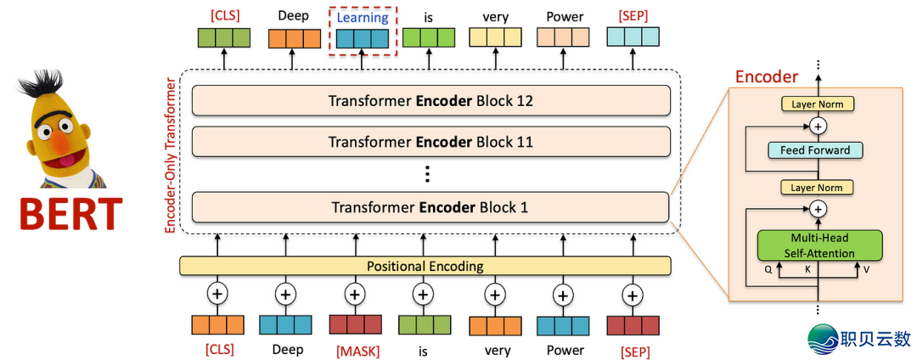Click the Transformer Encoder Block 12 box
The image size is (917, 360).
click(x=430, y=101)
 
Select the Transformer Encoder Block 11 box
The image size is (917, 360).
click(x=430, y=142)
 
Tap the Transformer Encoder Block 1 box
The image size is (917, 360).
click(x=430, y=207)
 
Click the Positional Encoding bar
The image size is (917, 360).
click(x=425, y=266)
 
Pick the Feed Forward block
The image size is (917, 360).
click(x=815, y=150)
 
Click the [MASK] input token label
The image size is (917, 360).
click(x=355, y=350)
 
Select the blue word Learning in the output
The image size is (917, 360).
click(x=363, y=17)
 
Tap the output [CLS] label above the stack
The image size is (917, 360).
click(x=224, y=15)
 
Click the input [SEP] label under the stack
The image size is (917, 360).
click(x=633, y=350)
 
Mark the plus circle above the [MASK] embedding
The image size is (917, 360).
click(x=355, y=295)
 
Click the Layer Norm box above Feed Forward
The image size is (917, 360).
click(x=818, y=104)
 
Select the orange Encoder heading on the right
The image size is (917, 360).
click(x=766, y=77)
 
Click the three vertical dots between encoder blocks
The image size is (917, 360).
click(x=428, y=175)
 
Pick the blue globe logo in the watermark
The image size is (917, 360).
click(x=822, y=337)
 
